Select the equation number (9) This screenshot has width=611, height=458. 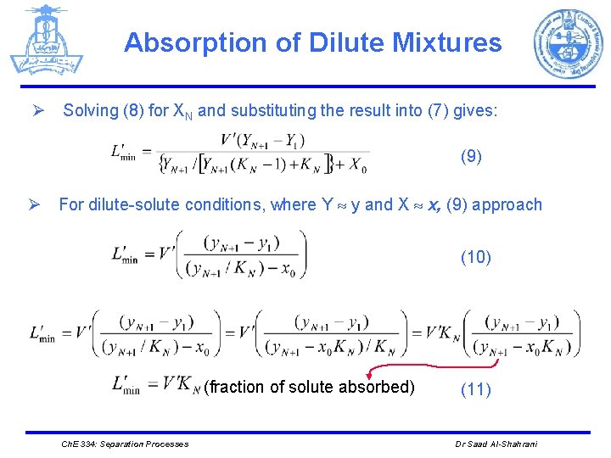pos(472,156)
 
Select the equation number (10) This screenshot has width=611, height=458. pos(475,257)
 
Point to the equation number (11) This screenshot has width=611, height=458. pos(475,389)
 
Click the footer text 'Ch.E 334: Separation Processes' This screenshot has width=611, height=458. pos(126,444)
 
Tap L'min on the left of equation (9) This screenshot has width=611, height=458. pos(125,152)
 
